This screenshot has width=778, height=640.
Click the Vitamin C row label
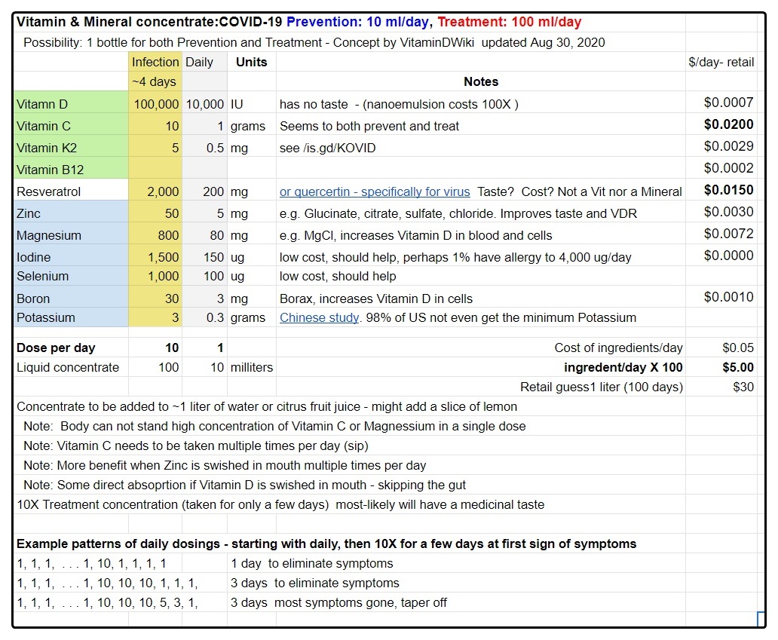point(44,126)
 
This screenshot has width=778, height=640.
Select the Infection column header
point(155,62)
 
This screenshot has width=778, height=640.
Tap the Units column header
point(251,62)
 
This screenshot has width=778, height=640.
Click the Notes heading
point(481,81)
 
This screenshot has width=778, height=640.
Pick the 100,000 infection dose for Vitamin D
point(156,104)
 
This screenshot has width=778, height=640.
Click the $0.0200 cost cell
point(728,124)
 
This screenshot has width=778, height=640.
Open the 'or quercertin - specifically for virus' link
point(375,191)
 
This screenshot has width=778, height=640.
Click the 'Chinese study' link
point(319,317)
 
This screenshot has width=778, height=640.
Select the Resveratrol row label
point(48,191)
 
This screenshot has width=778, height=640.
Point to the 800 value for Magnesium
point(168,235)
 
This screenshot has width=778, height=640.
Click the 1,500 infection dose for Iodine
point(163,257)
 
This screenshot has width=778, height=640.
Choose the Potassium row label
point(46,317)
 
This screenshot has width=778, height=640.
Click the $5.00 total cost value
point(737,367)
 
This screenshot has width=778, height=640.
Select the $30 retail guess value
point(743,387)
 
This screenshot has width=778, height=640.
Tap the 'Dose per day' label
point(57,348)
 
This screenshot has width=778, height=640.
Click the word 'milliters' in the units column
point(252,367)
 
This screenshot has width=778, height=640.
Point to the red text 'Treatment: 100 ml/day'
point(510,22)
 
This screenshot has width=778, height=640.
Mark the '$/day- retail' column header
point(721,62)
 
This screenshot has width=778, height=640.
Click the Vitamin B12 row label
point(50,170)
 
